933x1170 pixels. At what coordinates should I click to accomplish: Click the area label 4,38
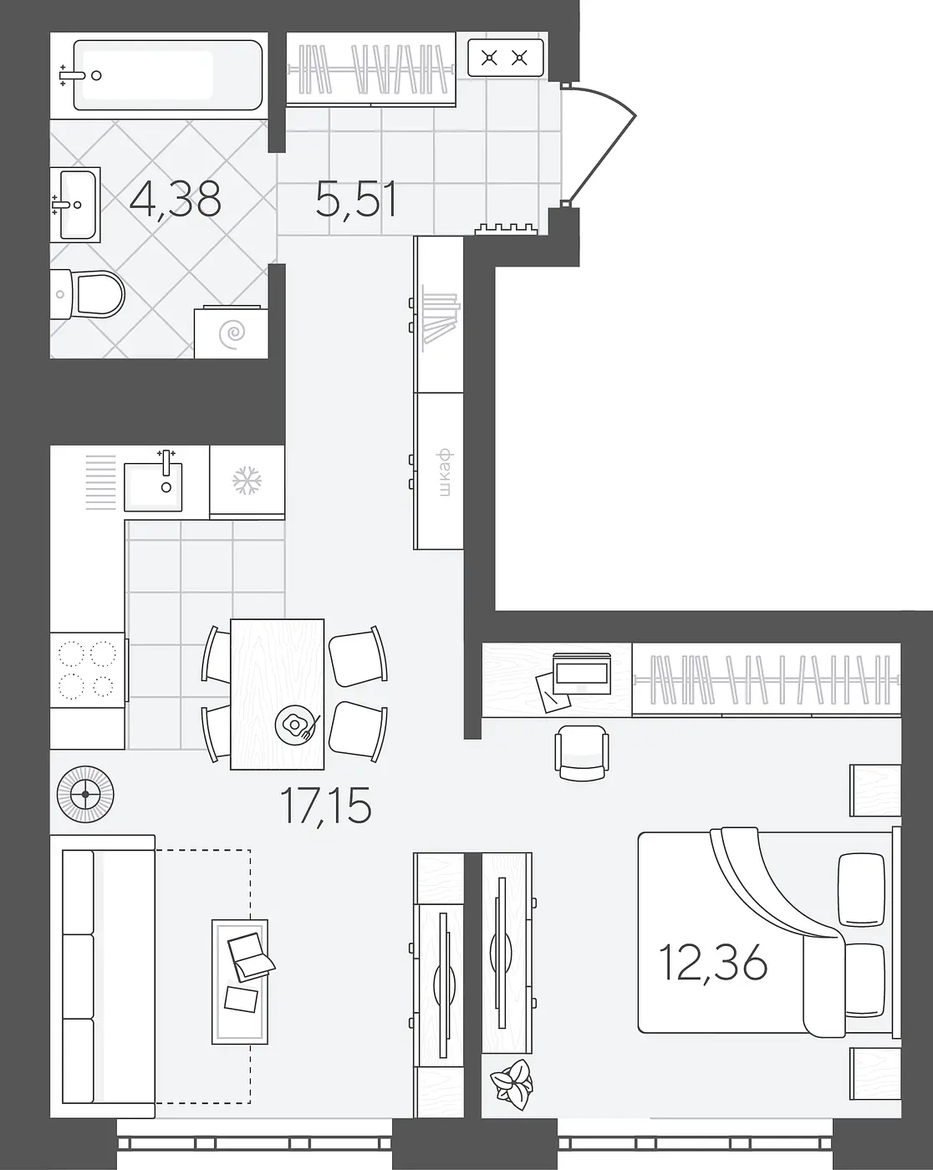pyautogui.click(x=176, y=200)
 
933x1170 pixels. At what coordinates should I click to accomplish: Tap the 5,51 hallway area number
pyautogui.click(x=356, y=200)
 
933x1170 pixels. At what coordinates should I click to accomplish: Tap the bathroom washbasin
pyautogui.click(x=75, y=205)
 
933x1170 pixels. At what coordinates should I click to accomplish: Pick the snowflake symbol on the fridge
pyautogui.click(x=247, y=481)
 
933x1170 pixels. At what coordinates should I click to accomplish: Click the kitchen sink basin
pyautogui.click(x=153, y=487)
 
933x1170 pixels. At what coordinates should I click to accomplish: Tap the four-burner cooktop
pyautogui.click(x=88, y=669)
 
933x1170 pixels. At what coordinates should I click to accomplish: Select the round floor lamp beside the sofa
pyautogui.click(x=85, y=794)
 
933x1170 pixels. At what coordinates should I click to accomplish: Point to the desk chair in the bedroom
pyautogui.click(x=582, y=753)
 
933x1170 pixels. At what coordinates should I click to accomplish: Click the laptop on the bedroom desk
pyautogui.click(x=581, y=673)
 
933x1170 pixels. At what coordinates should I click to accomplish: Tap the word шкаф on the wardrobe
pyautogui.click(x=445, y=473)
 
